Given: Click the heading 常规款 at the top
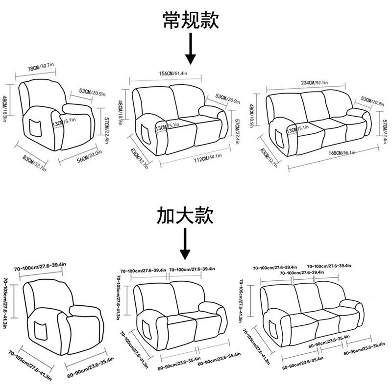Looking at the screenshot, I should (191, 22).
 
